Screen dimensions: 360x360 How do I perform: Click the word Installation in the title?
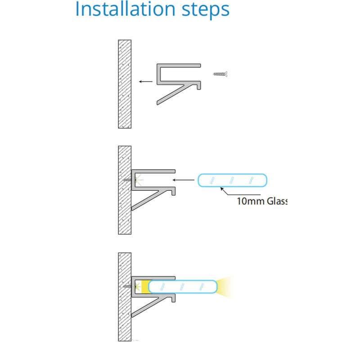tap(126, 9)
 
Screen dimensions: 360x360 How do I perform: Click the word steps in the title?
tap(206, 10)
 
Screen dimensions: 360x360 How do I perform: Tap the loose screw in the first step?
tap(220, 74)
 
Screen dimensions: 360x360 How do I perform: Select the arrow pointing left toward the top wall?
tap(146, 81)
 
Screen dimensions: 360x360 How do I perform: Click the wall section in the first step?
tap(125, 84)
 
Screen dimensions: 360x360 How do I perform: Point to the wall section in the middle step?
tap(125, 190)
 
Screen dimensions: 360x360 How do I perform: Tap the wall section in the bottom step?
tap(125, 297)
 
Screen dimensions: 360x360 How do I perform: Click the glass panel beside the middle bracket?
tap(232, 180)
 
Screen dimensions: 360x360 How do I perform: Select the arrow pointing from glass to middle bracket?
tap(184, 180)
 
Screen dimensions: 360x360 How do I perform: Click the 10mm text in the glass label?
tap(251, 201)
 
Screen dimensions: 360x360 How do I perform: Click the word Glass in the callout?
tap(277, 201)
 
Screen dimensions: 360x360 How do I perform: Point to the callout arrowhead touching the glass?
tap(222, 189)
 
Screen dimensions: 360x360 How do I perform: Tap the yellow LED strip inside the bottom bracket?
tap(145, 287)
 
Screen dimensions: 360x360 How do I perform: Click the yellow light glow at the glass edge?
tap(225, 288)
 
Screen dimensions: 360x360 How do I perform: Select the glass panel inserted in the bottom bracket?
tap(183, 287)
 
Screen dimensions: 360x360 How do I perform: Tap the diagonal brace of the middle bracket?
tap(150, 200)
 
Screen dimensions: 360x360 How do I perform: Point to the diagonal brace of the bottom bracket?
tap(150, 306)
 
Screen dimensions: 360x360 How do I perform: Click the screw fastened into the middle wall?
tap(127, 180)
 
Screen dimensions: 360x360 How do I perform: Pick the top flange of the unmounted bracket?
tap(179, 66)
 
